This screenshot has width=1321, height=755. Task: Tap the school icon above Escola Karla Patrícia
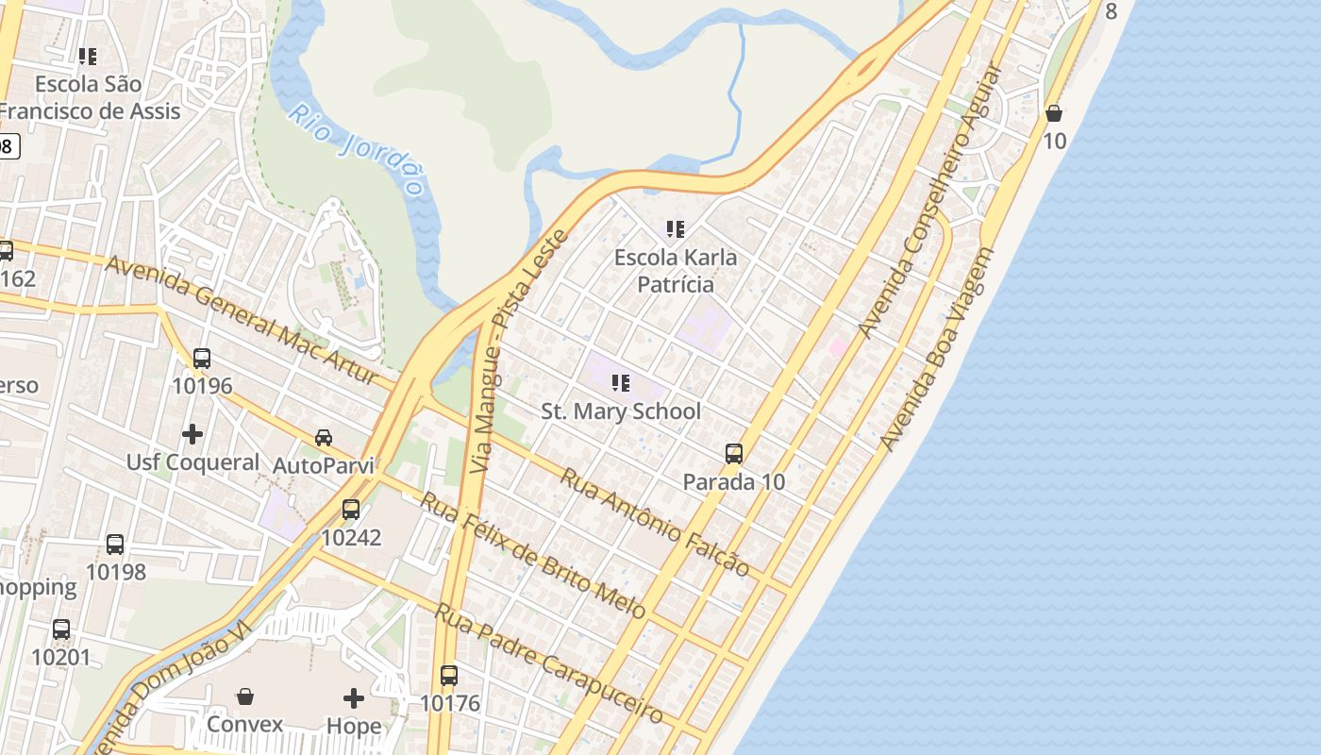(675, 229)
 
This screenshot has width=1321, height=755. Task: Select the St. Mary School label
(621, 411)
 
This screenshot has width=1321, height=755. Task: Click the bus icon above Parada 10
(734, 454)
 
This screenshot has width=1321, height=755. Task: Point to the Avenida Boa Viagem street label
(938, 349)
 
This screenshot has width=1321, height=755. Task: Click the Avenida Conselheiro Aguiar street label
(929, 202)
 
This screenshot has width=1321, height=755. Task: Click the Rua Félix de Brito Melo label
(532, 555)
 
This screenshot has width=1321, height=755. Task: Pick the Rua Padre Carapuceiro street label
(548, 663)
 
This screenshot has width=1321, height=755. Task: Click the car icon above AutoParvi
(324, 438)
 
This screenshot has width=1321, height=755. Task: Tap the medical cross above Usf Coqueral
(192, 434)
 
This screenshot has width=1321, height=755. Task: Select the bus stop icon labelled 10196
(202, 359)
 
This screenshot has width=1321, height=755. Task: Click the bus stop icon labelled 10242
(351, 510)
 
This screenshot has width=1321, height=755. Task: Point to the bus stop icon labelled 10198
(115, 545)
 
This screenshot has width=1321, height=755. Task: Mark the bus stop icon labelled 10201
(61, 629)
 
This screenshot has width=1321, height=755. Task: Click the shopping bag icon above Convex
(245, 696)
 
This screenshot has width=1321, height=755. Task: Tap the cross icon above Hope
(354, 698)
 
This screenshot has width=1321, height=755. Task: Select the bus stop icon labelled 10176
(449, 676)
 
